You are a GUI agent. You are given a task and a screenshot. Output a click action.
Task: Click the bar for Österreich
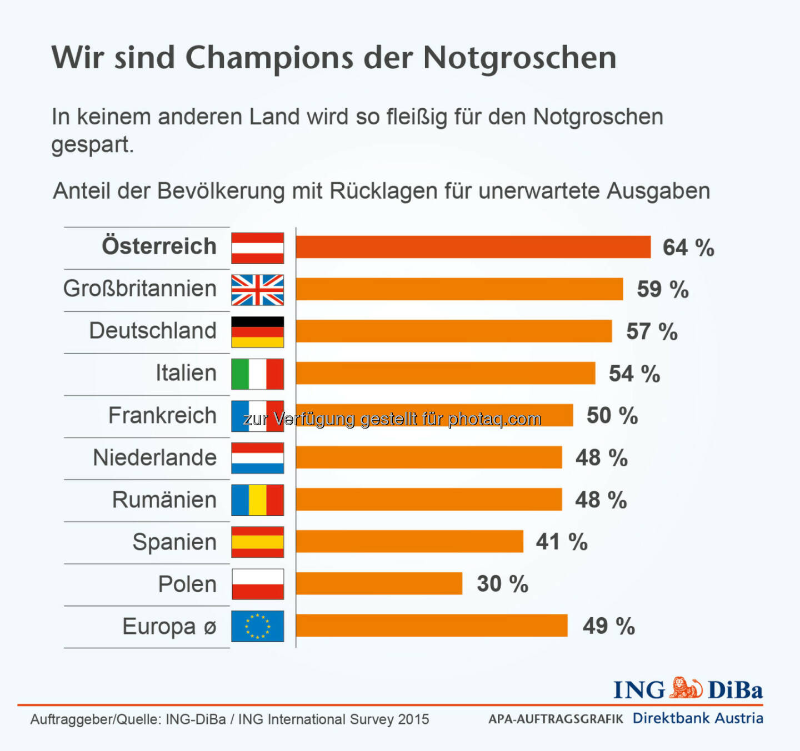click(x=473, y=247)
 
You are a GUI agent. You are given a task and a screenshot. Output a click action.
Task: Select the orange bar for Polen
click(x=379, y=583)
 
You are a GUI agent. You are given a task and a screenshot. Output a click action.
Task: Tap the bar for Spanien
click(x=409, y=541)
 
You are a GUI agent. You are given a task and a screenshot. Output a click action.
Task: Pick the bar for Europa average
click(x=432, y=626)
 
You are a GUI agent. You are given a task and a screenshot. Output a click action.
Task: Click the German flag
click(x=257, y=332)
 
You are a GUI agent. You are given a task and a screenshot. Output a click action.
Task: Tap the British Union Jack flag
click(x=257, y=290)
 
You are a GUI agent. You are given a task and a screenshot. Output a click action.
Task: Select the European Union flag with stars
click(x=257, y=626)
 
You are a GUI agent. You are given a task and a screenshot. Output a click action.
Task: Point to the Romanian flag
click(x=257, y=500)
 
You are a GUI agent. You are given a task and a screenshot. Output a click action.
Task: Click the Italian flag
click(x=257, y=374)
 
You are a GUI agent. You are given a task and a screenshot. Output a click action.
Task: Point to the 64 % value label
click(x=688, y=248)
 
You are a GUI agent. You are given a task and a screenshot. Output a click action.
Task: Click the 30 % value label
click(x=502, y=584)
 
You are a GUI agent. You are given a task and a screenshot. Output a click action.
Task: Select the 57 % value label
click(x=652, y=332)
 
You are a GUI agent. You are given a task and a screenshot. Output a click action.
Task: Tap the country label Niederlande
click(x=154, y=458)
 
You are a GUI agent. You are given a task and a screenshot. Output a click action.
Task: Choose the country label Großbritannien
click(x=139, y=289)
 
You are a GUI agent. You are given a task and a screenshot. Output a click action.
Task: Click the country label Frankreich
click(x=162, y=416)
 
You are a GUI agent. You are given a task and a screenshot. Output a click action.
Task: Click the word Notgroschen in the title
click(x=519, y=58)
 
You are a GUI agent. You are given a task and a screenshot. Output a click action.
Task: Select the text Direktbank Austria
click(x=698, y=718)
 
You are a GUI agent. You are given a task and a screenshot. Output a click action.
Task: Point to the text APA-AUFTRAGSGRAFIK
click(x=556, y=719)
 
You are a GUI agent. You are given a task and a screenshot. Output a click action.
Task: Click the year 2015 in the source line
click(x=413, y=719)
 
